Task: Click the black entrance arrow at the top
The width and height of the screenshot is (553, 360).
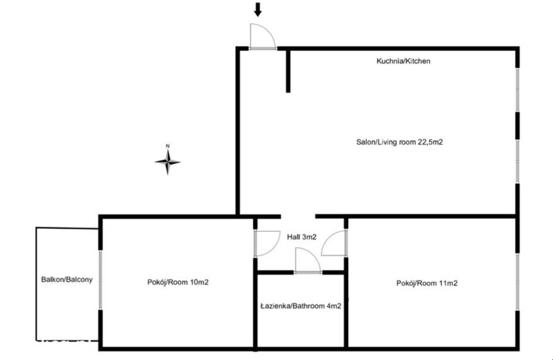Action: tap(258, 9)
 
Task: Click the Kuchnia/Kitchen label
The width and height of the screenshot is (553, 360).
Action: tap(403, 61)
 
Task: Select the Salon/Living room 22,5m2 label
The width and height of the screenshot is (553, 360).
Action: tap(399, 142)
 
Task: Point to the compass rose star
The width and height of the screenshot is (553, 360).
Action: tap(168, 162)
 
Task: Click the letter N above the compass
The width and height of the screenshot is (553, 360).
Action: tap(168, 146)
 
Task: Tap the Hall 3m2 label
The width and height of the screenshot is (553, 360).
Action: tap(301, 237)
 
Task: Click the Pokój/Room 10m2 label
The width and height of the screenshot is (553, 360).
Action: tap(178, 282)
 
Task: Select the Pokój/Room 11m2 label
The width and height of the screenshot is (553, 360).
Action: tap(427, 283)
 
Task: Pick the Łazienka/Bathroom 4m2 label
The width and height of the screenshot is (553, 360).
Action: tap(301, 306)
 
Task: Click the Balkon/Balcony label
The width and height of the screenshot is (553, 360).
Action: tap(67, 280)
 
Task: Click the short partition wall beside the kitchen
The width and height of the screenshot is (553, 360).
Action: tap(288, 71)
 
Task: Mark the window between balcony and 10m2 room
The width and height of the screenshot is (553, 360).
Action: tap(101, 280)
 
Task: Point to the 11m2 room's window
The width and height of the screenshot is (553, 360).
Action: tap(517, 282)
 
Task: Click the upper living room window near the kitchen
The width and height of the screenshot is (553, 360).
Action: tap(517, 90)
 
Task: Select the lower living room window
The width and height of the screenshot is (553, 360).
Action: tap(517, 162)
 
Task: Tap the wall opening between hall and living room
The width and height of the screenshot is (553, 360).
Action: tap(298, 217)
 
